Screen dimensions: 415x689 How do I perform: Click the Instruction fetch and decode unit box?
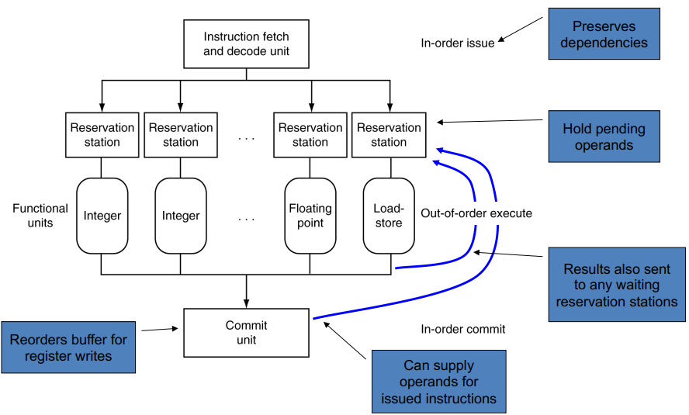pos(246,44)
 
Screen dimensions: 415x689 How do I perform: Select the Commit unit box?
pos(246,332)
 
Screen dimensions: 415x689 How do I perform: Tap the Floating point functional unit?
pos(310,216)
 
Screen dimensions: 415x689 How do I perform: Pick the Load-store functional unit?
pos(389,216)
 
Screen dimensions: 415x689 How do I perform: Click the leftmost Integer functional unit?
pos(102,216)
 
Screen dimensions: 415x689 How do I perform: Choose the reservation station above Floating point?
pos(310,134)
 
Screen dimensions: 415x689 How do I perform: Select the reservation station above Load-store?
pos(389,134)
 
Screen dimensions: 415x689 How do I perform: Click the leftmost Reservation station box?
pos(102,134)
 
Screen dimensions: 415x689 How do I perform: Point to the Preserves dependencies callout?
pos(604,33)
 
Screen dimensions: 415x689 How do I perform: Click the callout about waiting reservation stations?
pos(616,285)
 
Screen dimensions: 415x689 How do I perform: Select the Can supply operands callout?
pos(438,381)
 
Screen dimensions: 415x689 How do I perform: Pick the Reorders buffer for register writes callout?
pos(69,347)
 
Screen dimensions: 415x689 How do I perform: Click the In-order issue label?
pos(457,43)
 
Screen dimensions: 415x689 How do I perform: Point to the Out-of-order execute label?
pos(476,213)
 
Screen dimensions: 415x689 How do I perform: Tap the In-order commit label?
pos(462,329)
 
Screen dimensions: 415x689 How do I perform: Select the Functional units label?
pos(34,216)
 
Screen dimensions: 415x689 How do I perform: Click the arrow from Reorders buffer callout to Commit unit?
pos(160,330)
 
